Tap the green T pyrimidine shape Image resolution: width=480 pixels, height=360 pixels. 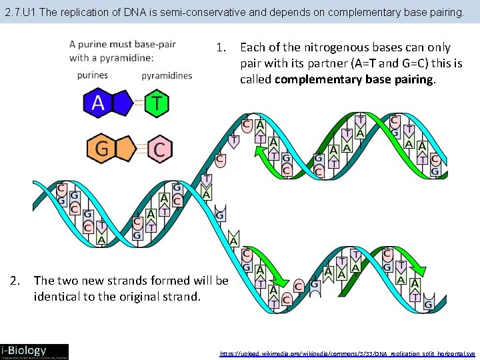157,103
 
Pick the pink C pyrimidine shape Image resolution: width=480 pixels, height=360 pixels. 159,149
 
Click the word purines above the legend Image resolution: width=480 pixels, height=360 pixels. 92,75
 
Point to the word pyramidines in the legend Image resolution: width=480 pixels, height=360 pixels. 167,75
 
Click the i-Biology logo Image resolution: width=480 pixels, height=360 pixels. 34,351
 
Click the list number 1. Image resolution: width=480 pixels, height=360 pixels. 221,47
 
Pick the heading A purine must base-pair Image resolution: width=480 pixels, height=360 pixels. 123,45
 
